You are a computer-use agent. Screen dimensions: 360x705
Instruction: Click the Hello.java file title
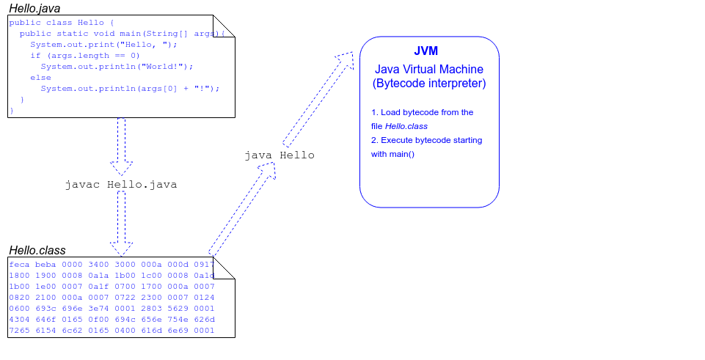[34, 8]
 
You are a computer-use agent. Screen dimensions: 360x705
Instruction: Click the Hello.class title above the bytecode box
[37, 251]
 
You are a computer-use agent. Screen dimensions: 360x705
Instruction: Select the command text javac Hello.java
[121, 185]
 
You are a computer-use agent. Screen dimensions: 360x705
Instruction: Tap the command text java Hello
[279, 155]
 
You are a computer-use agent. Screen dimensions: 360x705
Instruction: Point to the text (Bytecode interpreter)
[429, 84]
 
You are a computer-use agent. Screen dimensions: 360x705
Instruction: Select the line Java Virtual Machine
[429, 69]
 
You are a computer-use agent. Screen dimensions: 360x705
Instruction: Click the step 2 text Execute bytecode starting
[426, 140]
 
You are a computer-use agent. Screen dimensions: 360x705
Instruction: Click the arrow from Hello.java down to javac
[121, 143]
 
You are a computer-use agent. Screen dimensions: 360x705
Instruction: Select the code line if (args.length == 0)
[84, 56]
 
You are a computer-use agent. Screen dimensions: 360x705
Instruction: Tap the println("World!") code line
[117, 66]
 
